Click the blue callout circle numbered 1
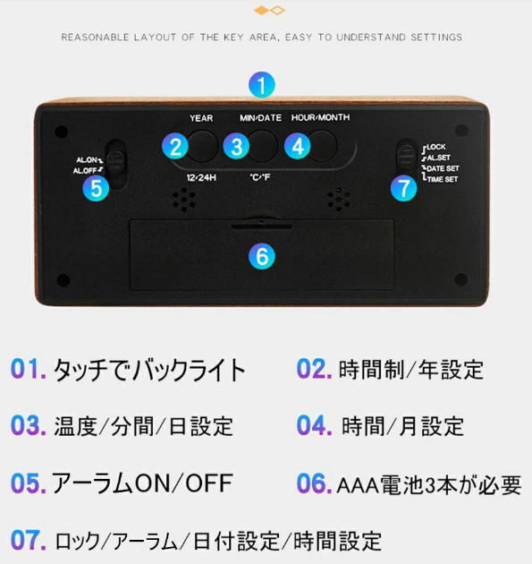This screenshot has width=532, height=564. pyautogui.click(x=262, y=85)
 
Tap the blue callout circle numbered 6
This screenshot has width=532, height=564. pyautogui.click(x=262, y=256)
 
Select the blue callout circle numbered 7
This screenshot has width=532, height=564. pyautogui.click(x=404, y=188)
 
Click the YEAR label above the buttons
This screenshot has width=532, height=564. pyautogui.click(x=201, y=118)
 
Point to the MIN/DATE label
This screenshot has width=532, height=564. pyautogui.click(x=260, y=117)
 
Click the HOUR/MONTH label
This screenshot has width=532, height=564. pyautogui.click(x=320, y=117)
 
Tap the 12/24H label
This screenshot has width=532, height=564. pyautogui.click(x=201, y=177)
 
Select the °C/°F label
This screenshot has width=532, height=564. pyautogui.click(x=259, y=177)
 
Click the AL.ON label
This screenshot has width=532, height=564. pyautogui.click(x=87, y=159)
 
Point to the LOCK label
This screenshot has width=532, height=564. pyautogui.click(x=436, y=147)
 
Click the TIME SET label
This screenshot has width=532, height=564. pyautogui.click(x=443, y=179)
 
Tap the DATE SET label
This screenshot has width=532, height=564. pyautogui.click(x=443, y=168)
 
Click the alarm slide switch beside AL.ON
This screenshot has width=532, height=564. pyautogui.click(x=116, y=164)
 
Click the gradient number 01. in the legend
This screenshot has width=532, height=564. pyautogui.click(x=29, y=369)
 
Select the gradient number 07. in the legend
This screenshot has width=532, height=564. pyautogui.click(x=29, y=540)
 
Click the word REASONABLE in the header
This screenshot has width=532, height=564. pyautogui.click(x=95, y=37)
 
